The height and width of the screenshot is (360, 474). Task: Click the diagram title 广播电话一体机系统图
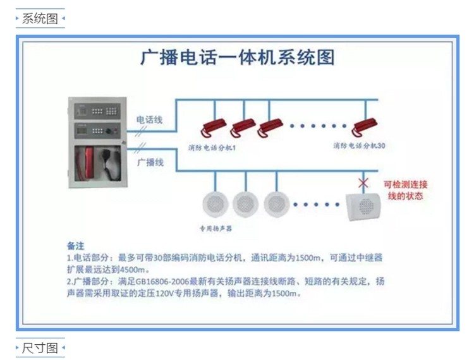click(237, 57)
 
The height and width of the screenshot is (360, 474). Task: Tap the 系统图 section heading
click(40, 18)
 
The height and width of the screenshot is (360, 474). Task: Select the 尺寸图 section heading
click(40, 348)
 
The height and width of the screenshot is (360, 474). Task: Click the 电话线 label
click(150, 119)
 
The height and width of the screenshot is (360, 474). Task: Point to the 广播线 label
click(150, 162)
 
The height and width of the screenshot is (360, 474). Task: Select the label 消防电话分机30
click(359, 145)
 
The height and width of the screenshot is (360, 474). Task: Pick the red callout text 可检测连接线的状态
click(405, 190)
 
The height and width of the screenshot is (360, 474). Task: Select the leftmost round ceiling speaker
click(214, 203)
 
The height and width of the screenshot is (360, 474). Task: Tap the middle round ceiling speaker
click(246, 203)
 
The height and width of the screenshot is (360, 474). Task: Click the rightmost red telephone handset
click(365, 126)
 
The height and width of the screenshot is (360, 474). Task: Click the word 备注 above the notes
click(76, 245)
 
